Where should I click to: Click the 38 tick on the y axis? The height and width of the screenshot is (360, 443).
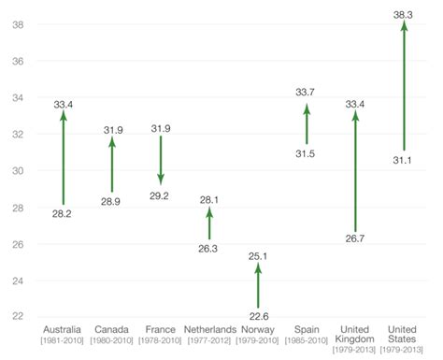click(17, 24)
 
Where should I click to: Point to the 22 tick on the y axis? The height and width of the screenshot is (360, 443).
click(17, 316)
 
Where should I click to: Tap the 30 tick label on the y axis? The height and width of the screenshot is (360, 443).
click(17, 170)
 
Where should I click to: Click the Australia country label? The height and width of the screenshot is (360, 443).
click(63, 330)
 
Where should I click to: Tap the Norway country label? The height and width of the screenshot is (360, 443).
click(258, 330)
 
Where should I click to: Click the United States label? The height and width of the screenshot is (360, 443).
click(404, 335)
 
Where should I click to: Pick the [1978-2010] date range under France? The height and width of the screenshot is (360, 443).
click(161, 340)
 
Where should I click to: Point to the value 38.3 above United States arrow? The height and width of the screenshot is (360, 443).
click(404, 11)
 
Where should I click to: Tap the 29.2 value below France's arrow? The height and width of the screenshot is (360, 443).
click(161, 194)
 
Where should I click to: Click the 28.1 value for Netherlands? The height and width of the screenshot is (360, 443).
click(209, 198)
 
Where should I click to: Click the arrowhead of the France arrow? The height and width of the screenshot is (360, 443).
click(161, 179)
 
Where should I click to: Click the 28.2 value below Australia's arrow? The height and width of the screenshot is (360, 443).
click(64, 213)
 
